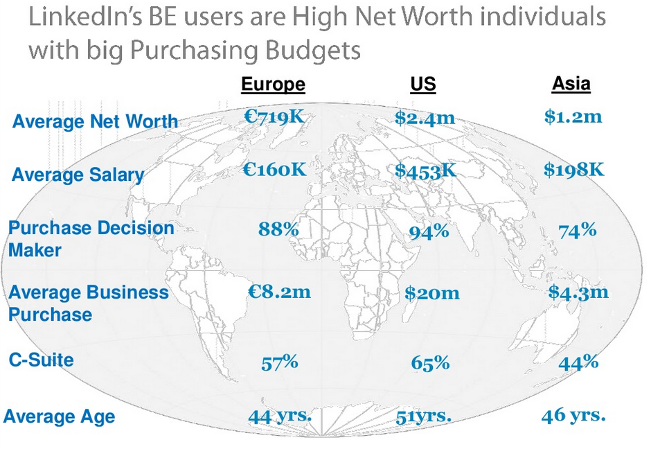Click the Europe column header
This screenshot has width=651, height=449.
pos(273,85)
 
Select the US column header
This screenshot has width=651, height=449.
pos(423,85)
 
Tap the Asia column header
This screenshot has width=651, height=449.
pos(571,84)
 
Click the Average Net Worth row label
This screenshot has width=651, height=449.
pos(95,122)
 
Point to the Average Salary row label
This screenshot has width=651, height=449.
pos(78,174)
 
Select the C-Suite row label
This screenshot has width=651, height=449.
pos(41,360)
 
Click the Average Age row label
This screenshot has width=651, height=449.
pos(59,416)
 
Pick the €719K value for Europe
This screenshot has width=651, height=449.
pos(274,116)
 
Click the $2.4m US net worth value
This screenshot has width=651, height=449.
pos(425,118)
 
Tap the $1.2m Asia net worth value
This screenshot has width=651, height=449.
pos(573,116)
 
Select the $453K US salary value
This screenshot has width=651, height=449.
pos(425,170)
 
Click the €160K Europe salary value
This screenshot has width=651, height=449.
pos(274,168)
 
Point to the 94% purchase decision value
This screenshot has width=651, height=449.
pos(428,232)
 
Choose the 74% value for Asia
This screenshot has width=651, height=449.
pos(577,230)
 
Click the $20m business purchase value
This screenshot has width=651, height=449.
pos(431,293)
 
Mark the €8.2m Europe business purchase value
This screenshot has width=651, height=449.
pos(279,292)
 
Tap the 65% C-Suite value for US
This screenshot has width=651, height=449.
pos(429,362)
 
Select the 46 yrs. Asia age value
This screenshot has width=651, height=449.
pos(573,416)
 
